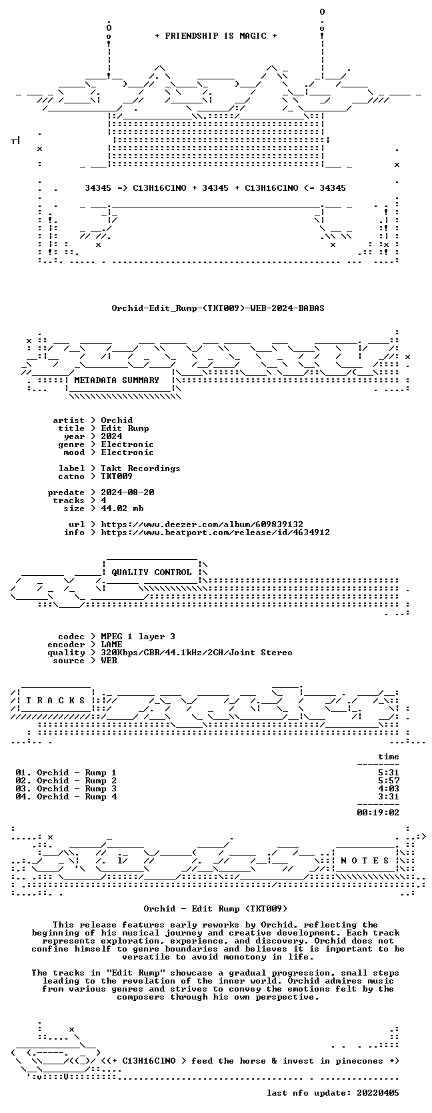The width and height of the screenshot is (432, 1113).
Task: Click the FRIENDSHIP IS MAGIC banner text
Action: tap(216, 36)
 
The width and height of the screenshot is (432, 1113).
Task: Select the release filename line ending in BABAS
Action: tap(217, 308)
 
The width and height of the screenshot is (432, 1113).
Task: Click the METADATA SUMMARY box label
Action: tap(117, 380)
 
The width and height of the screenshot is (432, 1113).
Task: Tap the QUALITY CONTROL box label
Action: tap(151, 573)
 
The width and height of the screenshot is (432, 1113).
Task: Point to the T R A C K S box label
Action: tap(55, 701)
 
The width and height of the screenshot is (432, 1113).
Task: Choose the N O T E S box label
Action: tap(365, 861)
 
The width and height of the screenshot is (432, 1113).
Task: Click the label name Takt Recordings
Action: tap(141, 468)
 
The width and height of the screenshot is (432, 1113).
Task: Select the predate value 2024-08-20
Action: tap(127, 492)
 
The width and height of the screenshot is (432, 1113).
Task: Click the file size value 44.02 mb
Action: tap(122, 508)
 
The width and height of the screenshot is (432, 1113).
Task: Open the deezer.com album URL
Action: tap(202, 524)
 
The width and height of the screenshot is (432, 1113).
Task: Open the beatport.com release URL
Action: tap(215, 532)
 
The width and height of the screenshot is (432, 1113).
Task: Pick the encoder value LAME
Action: tap(111, 645)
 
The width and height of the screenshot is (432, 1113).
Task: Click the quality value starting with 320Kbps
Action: tap(197, 653)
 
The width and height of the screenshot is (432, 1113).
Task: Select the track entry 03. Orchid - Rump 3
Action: tap(66, 789)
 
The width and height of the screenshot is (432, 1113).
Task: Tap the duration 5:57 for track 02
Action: tap(389, 781)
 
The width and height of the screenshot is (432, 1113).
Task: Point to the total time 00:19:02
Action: tap(378, 812)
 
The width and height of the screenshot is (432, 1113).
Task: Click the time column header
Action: tap(389, 757)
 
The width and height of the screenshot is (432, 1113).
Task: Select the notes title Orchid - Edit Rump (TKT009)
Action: tap(215, 909)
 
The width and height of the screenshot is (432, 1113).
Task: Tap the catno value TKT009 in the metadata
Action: tap(117, 476)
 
